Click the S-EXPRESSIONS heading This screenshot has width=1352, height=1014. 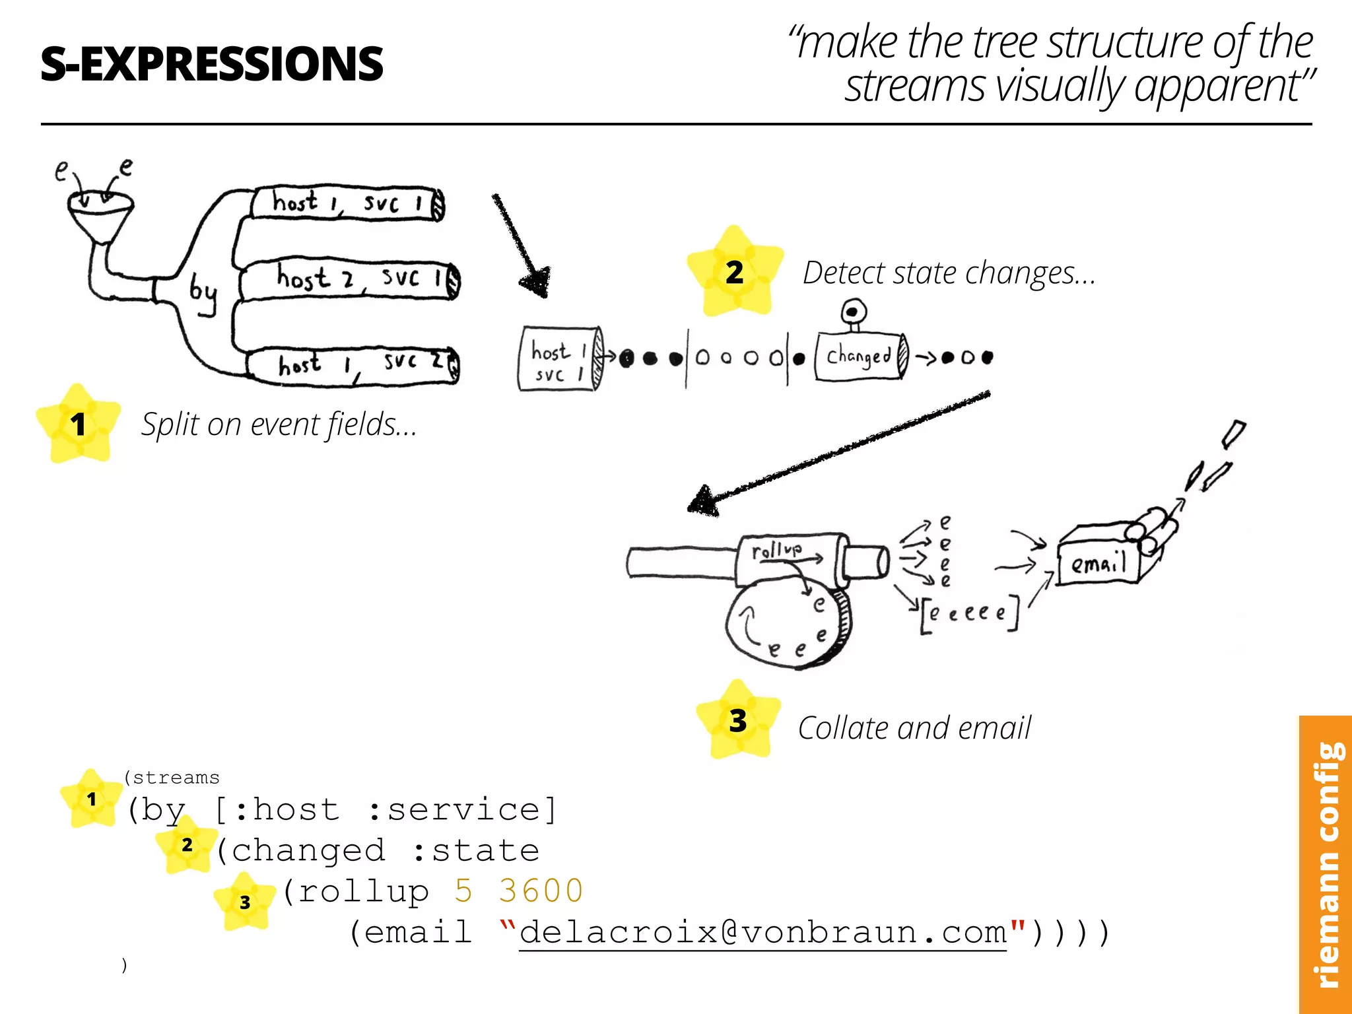[x=211, y=64]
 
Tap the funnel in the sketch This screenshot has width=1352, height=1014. [x=100, y=215]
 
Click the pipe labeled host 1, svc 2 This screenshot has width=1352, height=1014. [x=353, y=365]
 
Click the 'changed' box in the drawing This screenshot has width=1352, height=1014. [x=859, y=356]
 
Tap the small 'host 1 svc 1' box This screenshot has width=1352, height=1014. [x=558, y=360]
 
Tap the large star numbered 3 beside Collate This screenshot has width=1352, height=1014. [x=738, y=720]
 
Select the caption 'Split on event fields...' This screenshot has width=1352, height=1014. [x=279, y=424]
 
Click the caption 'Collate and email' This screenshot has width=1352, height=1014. [x=914, y=728]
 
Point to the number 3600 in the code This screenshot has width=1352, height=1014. [x=541, y=891]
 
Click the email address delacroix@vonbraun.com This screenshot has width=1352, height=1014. [x=762, y=932]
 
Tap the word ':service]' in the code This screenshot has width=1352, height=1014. [x=462, y=810]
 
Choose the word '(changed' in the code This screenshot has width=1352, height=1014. [x=301, y=850]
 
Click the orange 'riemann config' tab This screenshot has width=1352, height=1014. [x=1326, y=865]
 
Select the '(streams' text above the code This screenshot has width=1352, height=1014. [x=172, y=778]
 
